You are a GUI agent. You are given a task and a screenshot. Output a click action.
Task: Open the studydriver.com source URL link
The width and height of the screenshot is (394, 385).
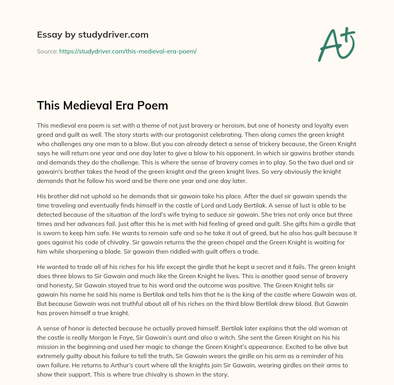point(128,51)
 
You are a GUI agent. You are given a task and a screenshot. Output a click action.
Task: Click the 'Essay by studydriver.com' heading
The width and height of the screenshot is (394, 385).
point(92,35)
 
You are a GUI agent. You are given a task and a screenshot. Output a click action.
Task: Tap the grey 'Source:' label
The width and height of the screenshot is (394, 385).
point(47,51)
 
